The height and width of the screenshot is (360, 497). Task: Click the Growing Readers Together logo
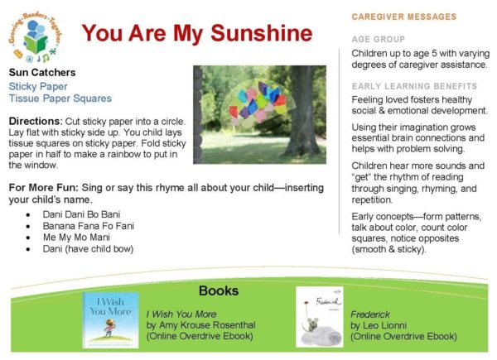35,37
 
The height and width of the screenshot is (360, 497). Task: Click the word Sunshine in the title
262,33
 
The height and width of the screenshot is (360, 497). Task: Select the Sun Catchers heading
42,73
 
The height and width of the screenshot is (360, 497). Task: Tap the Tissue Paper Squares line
60,98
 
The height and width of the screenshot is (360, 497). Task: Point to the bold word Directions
36,122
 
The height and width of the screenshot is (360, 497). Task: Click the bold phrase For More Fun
43,188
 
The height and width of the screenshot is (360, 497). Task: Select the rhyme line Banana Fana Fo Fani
89,226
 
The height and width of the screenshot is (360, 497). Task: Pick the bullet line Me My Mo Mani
76,238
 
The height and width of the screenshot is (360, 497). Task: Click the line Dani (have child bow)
88,249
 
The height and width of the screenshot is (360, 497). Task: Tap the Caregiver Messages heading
404,17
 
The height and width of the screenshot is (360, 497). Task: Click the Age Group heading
379,39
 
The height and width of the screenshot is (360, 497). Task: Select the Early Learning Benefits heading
414,86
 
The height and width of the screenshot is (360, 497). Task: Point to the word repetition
372,200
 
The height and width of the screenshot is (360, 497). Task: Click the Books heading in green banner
219,290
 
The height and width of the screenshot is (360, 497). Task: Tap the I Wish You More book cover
111,319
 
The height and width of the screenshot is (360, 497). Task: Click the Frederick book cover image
320,317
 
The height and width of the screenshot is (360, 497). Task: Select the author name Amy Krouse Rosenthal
207,325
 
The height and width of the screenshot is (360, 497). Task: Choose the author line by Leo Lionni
379,325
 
